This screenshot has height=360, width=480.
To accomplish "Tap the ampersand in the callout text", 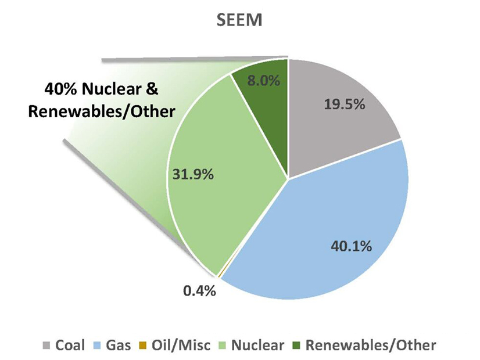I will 153,91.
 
